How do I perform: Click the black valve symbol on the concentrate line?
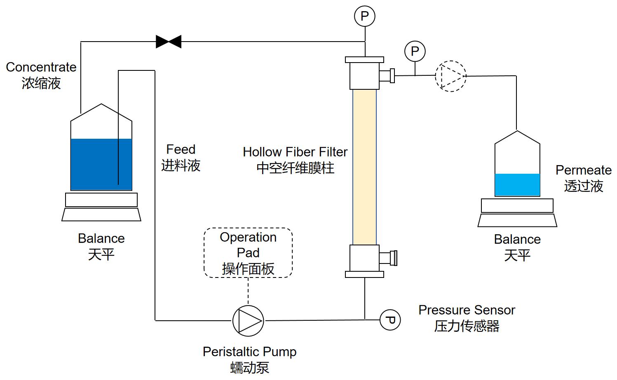tap(169, 42)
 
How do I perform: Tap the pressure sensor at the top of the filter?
tap(365, 16)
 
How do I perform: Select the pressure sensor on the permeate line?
tap(415, 51)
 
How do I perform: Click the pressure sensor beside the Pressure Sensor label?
tap(390, 320)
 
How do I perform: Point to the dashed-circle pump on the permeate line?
tap(451, 76)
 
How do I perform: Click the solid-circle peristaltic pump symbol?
tap(248, 320)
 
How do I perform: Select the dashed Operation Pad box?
tap(248, 253)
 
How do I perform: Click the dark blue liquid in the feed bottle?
tap(101, 165)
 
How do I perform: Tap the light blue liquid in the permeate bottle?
tap(517, 184)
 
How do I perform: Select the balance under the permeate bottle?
tap(517, 212)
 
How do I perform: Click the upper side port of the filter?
tap(387, 76)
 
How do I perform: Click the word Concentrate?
tap(41, 67)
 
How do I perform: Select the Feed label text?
tap(181, 149)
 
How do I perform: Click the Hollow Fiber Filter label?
tap(295, 152)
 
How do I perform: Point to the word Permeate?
tap(583, 170)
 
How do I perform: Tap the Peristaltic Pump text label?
tap(250, 352)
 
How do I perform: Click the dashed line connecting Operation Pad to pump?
tap(248, 291)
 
